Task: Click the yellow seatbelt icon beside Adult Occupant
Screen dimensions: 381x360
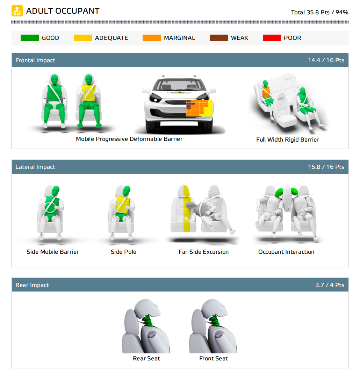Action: (x=17, y=11)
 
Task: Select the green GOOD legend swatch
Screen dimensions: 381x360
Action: (x=29, y=38)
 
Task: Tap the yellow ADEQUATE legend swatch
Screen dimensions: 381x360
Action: (x=83, y=38)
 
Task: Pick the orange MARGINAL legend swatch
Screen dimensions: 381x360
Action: (x=151, y=38)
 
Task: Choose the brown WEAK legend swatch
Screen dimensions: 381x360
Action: (x=218, y=38)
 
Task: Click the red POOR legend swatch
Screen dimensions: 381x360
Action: (x=272, y=38)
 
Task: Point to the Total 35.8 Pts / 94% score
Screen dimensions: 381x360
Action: (x=319, y=12)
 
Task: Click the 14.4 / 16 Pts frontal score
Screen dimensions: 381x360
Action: (x=326, y=60)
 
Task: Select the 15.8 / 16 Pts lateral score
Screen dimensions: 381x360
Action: (x=326, y=167)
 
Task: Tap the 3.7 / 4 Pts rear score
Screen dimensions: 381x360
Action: (x=330, y=285)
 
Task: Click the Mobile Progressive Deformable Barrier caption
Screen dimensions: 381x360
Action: (x=129, y=139)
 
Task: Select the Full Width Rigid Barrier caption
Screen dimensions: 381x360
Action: (x=287, y=139)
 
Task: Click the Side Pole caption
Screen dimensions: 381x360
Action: (x=123, y=252)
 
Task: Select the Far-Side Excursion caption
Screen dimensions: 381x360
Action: (x=203, y=252)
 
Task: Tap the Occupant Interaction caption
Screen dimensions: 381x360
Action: (x=286, y=252)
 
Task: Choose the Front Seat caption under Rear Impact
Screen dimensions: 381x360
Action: (x=213, y=358)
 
